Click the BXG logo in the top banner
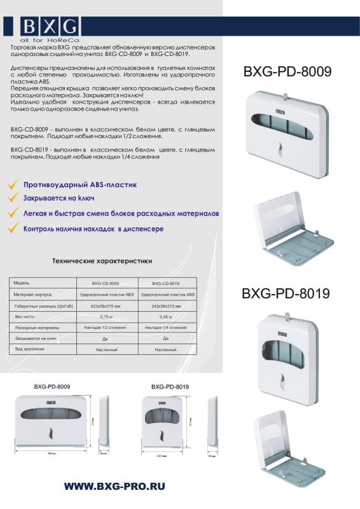50,27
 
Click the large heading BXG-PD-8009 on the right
287,72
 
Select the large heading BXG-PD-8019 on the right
285,293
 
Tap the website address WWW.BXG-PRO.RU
114,485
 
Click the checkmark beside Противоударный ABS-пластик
12,185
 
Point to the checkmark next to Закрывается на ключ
12,199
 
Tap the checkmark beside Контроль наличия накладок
12,229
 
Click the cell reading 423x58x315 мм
106,306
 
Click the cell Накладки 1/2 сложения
106,328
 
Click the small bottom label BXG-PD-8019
170,387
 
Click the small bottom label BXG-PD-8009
52,387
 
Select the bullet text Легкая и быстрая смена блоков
121,214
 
